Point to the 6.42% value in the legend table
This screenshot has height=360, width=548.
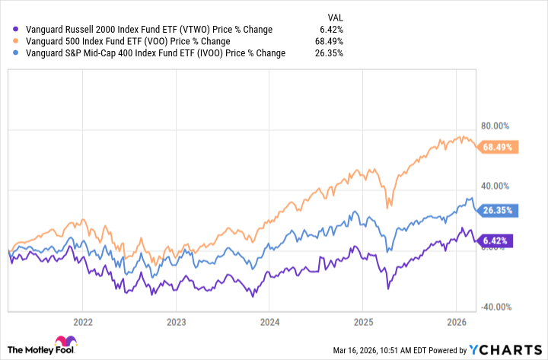pos(331,29)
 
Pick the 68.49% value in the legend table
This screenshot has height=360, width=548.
pos(329,41)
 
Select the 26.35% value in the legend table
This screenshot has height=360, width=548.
pos(329,53)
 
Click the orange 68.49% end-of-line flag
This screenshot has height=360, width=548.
pos(498,147)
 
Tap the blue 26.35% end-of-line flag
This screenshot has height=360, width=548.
pos(498,210)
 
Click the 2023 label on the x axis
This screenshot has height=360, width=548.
pos(176,321)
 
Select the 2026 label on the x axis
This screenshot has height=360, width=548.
pos(456,321)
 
